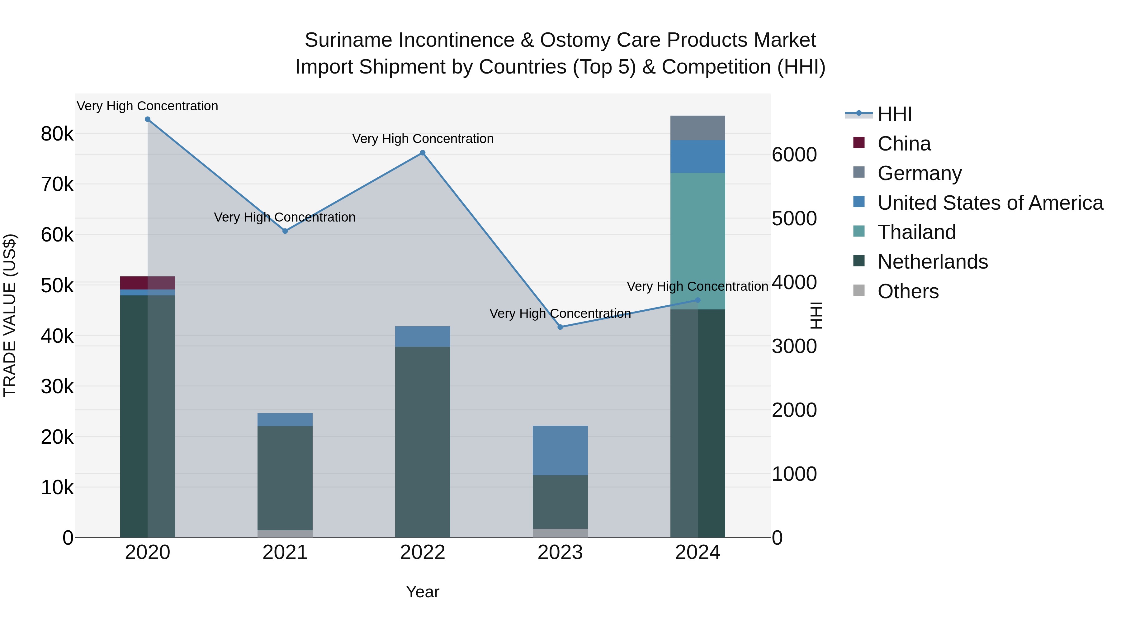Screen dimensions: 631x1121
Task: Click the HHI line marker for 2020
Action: (148, 119)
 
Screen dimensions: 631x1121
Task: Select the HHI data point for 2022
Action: (423, 153)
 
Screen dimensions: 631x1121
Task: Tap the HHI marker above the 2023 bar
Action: (560, 327)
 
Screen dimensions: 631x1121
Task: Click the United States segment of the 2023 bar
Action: (560, 450)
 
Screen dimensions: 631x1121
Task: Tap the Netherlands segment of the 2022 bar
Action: (423, 442)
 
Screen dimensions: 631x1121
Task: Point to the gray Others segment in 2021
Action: (285, 533)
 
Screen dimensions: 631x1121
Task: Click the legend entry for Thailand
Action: (916, 232)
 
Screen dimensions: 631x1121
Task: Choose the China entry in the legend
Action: (904, 144)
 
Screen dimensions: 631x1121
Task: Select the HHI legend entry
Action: (894, 114)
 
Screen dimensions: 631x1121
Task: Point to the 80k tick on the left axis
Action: (57, 134)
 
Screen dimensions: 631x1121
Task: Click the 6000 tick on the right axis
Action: (794, 155)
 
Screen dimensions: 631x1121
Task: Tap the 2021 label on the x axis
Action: (285, 552)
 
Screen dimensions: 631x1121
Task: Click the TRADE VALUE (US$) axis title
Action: (10, 315)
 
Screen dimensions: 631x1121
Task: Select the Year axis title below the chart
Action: (423, 592)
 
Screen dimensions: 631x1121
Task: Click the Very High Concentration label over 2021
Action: (285, 217)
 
